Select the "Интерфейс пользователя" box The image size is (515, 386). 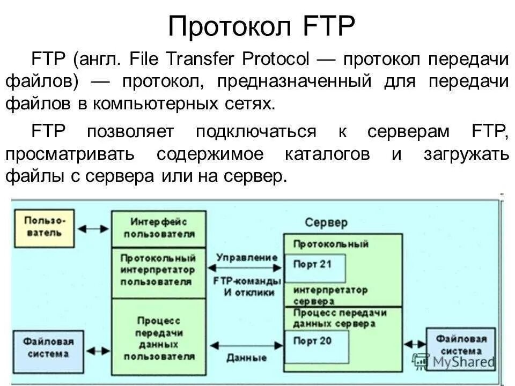158,228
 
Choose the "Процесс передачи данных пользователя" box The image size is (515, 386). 158,338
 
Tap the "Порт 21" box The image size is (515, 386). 314,266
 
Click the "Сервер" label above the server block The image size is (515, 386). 326,222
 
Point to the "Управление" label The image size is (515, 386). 246,257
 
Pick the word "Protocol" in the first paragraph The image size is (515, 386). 276,59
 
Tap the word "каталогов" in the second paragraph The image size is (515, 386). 327,154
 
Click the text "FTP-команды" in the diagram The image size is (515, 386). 246,281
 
